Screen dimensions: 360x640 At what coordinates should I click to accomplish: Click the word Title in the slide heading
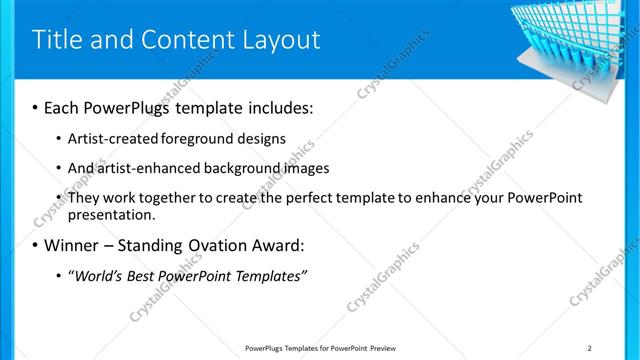coord(58,40)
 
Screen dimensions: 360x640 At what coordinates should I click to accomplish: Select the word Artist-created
coord(111,138)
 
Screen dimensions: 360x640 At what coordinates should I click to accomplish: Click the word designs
coord(262,138)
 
